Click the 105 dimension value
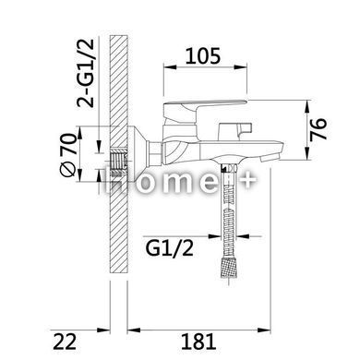coord(203,56)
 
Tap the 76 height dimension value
coord(318,129)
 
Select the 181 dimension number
coord(198,342)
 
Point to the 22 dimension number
coord(65,342)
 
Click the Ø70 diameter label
coord(67,155)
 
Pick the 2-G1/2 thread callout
coord(85,73)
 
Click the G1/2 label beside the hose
coord(169,248)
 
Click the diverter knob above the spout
coord(234,131)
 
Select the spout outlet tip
coord(270,159)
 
